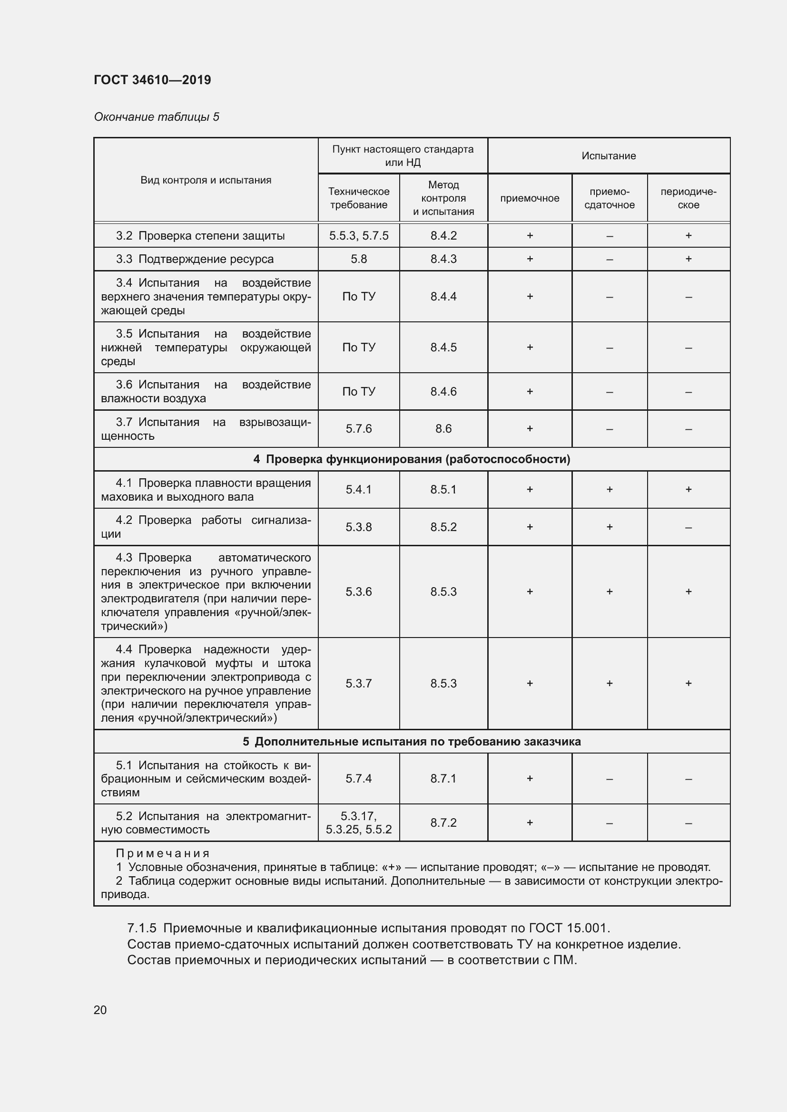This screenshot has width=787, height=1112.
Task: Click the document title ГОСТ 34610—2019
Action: click(x=152, y=80)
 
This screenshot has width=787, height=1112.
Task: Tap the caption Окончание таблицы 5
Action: click(x=157, y=117)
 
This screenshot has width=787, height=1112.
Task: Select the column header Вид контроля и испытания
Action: click(x=206, y=180)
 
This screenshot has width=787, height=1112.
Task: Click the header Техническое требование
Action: click(x=359, y=198)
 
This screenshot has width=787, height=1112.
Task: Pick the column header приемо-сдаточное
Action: click(x=609, y=198)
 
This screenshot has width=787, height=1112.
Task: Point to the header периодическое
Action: click(x=688, y=198)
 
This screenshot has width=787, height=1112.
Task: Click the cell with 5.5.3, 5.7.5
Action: click(x=359, y=236)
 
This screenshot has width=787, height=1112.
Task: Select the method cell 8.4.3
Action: click(x=443, y=259)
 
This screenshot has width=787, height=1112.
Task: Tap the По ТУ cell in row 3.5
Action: click(x=359, y=347)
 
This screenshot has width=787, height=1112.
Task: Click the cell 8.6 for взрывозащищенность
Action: click(x=443, y=429)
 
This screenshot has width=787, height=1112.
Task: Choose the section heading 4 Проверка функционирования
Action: click(x=412, y=459)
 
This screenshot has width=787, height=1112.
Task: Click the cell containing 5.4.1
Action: click(x=359, y=490)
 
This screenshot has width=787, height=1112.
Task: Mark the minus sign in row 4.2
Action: click(x=688, y=527)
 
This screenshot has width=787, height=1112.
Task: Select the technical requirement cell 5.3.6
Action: click(x=359, y=592)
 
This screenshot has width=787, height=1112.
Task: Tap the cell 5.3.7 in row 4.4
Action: click(x=359, y=683)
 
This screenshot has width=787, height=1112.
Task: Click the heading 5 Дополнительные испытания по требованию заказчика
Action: click(x=412, y=742)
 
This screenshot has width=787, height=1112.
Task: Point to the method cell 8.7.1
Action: click(x=443, y=778)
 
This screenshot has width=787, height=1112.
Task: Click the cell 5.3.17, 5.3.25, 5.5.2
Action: click(x=359, y=822)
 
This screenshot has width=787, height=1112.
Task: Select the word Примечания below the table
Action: click(x=162, y=853)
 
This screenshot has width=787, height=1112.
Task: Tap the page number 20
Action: click(x=100, y=1010)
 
